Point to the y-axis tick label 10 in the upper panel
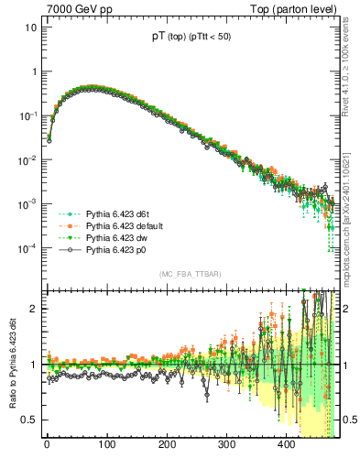[x=30, y=27]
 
